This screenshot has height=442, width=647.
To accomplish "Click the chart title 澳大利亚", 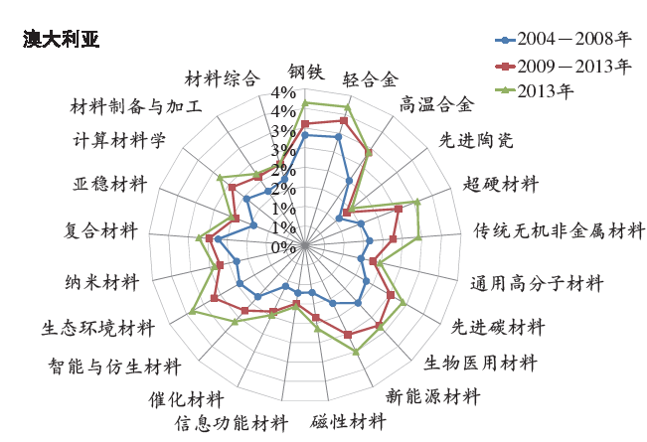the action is click(61, 40).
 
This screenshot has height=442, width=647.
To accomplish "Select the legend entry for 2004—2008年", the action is click(564, 39).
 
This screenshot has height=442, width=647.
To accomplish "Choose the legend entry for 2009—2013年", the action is click(564, 66).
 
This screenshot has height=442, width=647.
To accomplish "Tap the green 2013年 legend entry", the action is click(535, 90).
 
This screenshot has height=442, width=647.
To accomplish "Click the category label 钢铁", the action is click(306, 72).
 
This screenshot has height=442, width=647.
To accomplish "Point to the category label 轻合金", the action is click(370, 79).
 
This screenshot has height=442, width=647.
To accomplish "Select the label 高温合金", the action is click(436, 104).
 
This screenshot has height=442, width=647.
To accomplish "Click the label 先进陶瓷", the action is click(476, 140).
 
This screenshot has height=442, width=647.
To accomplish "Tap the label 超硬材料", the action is click(501, 184).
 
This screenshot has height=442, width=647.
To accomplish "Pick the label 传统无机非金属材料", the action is click(559, 230).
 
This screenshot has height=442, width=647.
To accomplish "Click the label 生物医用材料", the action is click(480, 364).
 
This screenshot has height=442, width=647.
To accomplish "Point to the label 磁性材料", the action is click(349, 421).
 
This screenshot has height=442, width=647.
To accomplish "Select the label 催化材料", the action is click(186, 399).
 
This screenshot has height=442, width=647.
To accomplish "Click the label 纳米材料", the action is click(101, 282).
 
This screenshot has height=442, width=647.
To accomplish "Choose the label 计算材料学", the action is click(119, 140).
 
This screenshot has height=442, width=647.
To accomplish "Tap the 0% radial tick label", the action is click(283, 247).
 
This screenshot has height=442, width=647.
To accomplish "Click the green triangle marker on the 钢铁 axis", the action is click(305, 103).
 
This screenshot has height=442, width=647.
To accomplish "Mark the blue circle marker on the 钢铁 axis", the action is click(305, 135).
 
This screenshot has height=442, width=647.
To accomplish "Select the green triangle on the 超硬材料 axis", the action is click(417, 202).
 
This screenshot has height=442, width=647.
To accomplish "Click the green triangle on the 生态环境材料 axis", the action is click(192, 311).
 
